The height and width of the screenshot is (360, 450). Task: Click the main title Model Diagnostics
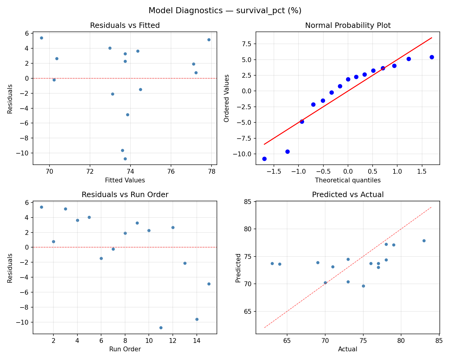[225, 11]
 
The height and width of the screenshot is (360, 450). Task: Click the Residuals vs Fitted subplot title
[125, 25]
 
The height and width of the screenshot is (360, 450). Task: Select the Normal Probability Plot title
[348, 25]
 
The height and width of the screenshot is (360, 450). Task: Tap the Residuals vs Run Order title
[125, 195]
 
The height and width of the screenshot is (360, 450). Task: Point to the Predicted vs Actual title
[348, 195]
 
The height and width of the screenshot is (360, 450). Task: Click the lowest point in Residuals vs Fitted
[125, 159]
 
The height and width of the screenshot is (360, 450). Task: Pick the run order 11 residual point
[161, 328]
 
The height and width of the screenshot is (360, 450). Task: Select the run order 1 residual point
[41, 207]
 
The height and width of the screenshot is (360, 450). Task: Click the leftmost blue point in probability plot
[264, 159]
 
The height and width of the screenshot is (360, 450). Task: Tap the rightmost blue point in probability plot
[432, 57]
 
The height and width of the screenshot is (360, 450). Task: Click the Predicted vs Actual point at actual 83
[424, 241]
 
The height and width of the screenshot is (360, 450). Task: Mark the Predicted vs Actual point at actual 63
[272, 263]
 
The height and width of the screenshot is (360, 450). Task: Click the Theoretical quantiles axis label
[348, 180]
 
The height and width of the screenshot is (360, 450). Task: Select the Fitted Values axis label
[125, 180]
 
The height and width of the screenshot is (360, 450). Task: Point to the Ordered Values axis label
[226, 98]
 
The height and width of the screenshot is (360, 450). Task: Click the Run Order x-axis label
[125, 349]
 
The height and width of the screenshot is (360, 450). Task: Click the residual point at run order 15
[209, 284]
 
